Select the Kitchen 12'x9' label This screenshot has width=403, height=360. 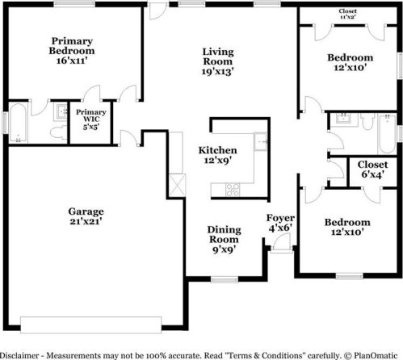point(218,156)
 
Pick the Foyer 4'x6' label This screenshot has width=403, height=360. point(280,224)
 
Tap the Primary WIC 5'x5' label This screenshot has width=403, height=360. point(86,121)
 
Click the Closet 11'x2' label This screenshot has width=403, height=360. point(348,14)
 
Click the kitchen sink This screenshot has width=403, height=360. point(260,143)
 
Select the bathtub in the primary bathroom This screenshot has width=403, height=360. point(15,125)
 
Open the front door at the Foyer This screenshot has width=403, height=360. point(279,253)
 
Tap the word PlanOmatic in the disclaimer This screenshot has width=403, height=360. point(376,354)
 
